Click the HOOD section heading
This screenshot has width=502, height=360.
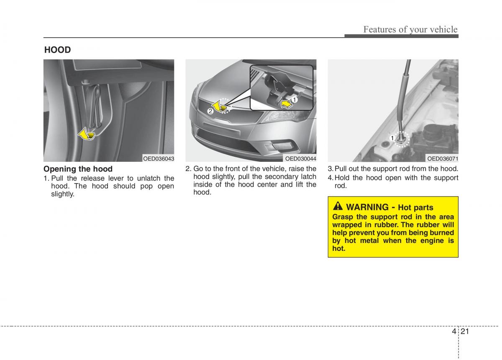click(58, 50)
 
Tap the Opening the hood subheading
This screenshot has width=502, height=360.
click(78, 169)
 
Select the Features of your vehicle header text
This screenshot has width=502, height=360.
click(410, 29)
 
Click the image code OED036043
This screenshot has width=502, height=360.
click(159, 158)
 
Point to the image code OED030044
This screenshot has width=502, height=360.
click(301, 158)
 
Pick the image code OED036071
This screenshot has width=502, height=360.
click(443, 158)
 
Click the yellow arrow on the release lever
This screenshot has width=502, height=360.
click(87, 133)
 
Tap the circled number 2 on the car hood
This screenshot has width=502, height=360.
click(210, 111)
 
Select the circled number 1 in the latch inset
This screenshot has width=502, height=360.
click(294, 100)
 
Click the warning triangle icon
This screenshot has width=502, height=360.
click(338, 207)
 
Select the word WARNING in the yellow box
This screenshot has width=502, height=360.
click(368, 207)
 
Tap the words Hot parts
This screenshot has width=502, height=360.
click(415, 207)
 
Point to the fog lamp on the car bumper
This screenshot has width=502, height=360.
click(282, 146)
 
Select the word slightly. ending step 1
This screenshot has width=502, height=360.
click(63, 194)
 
